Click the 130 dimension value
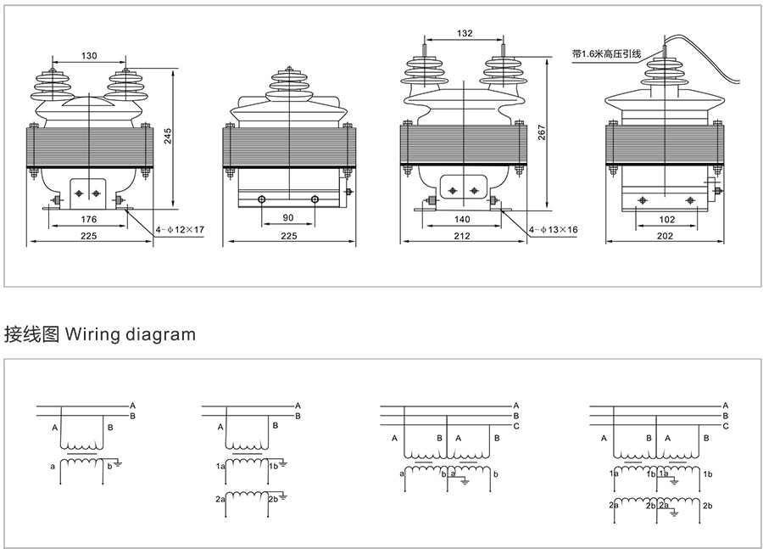tap(89, 56)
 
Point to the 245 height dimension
tap(168, 137)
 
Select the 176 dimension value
tap(89, 220)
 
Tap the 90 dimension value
tap(288, 218)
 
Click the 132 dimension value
tap(464, 34)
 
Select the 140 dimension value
tap(462, 219)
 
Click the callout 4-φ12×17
tap(180, 230)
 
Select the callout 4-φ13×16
tap(553, 230)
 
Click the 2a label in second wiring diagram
tap(220, 500)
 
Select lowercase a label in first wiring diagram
tap(53, 466)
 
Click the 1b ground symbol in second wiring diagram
tap(282, 466)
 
